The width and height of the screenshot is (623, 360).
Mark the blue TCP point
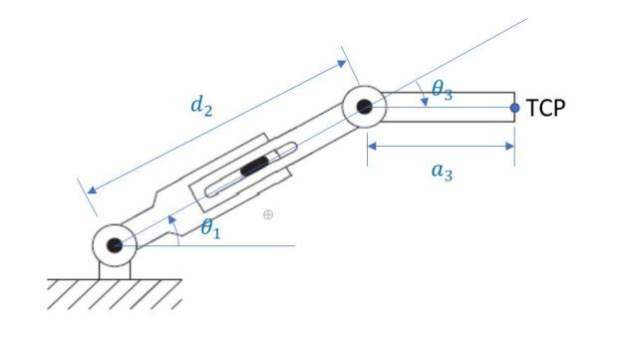coord(514,108)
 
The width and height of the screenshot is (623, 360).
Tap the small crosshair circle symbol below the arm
coord(267,215)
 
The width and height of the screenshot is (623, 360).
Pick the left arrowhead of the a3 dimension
coord(372,147)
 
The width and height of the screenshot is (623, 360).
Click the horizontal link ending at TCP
coord(449,108)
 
